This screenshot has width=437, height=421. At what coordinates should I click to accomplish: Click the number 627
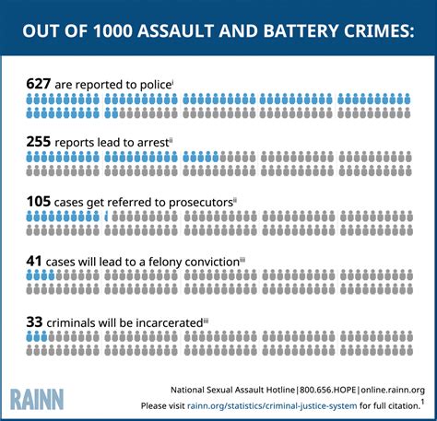pos(40,84)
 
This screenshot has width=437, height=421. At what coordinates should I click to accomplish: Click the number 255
pos(40,143)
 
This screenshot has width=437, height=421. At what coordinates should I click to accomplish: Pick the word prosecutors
pos(198,203)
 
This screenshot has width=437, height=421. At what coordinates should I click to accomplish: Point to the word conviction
pos(207,263)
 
